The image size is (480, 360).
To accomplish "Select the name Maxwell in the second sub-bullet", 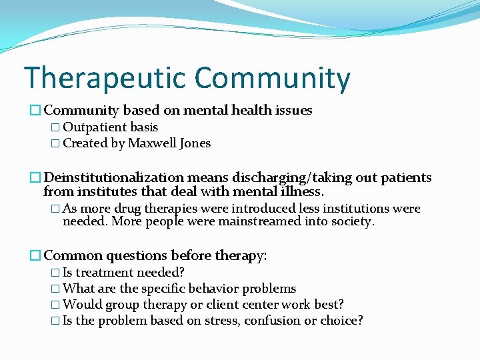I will click(151, 143).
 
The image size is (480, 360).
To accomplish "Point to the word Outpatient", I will click(94, 127).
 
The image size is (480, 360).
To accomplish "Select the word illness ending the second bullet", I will click(301, 193).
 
